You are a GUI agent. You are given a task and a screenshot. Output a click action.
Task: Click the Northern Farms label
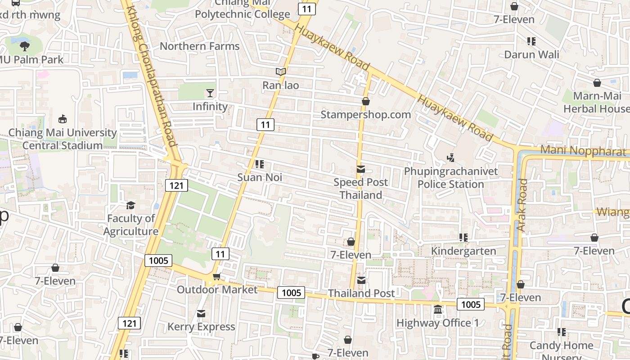pyautogui.click(x=200, y=46)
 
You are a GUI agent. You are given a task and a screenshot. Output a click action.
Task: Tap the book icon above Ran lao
pyautogui.click(x=281, y=72)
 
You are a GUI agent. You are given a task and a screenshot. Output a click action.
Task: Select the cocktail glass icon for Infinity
pyautogui.click(x=210, y=93)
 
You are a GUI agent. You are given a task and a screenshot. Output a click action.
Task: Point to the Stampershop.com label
pyautogui.click(x=365, y=115)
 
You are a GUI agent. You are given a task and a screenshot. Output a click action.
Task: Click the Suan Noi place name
pyautogui.click(x=260, y=177)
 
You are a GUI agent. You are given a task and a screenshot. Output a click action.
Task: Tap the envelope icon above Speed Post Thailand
pyautogui.click(x=361, y=169)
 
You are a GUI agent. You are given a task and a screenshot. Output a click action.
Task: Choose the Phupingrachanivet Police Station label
pyautogui.click(x=451, y=178)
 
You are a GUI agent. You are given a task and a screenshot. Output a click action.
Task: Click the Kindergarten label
pyautogui.click(x=463, y=251)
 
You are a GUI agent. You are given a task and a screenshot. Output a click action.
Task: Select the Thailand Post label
pyautogui.click(x=361, y=293)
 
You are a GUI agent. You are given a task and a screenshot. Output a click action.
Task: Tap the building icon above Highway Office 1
pyautogui.click(x=438, y=310)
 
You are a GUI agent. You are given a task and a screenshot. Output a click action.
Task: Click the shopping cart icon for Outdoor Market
pyautogui.click(x=216, y=276)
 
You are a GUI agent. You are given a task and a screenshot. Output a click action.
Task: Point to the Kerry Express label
pyautogui.click(x=201, y=327)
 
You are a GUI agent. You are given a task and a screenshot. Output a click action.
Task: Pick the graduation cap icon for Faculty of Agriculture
pyautogui.click(x=130, y=205)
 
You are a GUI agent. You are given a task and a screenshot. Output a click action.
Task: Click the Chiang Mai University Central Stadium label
pyautogui.click(x=63, y=139)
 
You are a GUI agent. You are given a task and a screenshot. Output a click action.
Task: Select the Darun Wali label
pyautogui.click(x=531, y=55)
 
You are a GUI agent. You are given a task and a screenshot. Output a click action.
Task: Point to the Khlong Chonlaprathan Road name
pyautogui.click(x=151, y=76)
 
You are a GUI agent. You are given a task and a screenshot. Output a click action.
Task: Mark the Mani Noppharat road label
pyautogui.click(x=584, y=151)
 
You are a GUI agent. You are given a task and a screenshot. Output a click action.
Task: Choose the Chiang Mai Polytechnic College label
pyautogui.click(x=242, y=9)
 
